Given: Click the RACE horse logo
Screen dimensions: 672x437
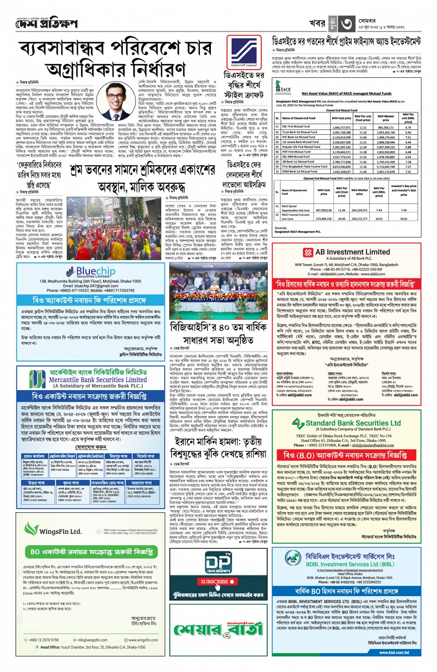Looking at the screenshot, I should tap(283, 87).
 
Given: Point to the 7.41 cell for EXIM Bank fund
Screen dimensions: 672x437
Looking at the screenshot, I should tap(408, 171).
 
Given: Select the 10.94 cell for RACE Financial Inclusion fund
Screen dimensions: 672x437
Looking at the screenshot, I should tap(341, 219).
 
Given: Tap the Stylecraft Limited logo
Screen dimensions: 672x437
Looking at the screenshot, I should tap(244, 52).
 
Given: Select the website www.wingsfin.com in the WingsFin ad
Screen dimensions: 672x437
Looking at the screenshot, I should tap(143, 640).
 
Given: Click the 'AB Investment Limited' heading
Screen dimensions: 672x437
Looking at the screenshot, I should tap(352, 252).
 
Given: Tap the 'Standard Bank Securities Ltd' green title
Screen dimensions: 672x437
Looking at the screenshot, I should tap(353, 423).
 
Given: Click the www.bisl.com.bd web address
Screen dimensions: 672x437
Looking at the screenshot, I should tap(394, 653).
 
